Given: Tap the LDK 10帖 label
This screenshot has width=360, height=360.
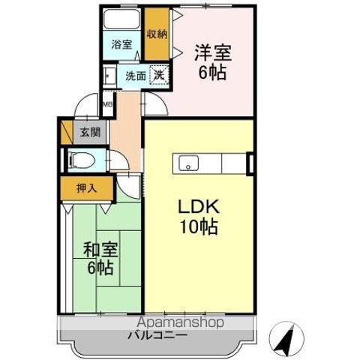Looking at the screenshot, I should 199,217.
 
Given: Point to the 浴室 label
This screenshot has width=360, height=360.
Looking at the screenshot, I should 122,45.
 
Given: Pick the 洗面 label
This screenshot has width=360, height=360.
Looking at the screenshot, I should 135,76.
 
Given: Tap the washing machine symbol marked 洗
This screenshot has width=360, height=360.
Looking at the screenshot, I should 159,75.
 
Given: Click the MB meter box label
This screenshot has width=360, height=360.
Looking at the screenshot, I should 107,106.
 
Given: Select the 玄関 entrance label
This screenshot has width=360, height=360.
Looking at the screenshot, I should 89,133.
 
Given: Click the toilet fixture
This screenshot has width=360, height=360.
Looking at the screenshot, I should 79,160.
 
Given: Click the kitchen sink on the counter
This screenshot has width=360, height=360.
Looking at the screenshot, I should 187,162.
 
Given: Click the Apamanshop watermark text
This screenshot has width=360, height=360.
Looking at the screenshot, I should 180,322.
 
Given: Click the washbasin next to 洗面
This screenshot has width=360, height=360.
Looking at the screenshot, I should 109,75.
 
